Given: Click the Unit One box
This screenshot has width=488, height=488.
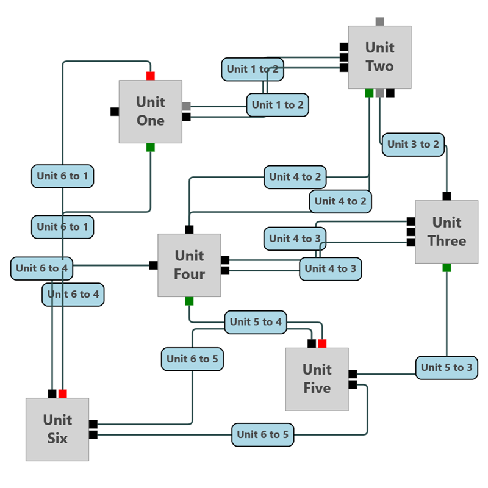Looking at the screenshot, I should point(150,112).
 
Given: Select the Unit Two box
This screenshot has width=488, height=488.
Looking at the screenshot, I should point(379,57).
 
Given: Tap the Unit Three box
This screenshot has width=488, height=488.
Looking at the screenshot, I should point(447,232).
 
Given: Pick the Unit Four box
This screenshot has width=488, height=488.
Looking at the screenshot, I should point(189,265).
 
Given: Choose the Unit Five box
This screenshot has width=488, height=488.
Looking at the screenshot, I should point(317,379).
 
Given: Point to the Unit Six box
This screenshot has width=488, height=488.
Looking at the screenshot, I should point(57,429).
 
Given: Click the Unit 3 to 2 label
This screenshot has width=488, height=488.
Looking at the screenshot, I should point(413,145).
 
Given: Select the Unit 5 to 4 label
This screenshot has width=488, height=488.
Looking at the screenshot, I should point(256,322).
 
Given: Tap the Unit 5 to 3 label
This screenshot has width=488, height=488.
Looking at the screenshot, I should point(447,368).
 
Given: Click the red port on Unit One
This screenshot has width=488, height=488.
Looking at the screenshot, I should point(151,76).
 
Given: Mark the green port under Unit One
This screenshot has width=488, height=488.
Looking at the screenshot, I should point(151,148).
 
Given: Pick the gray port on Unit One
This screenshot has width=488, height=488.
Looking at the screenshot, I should point(187,106).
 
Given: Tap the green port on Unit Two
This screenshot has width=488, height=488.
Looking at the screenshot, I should point(369,93).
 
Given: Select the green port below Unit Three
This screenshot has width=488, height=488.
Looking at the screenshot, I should point(447,268).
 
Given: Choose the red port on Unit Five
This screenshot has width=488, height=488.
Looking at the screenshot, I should point(322,343).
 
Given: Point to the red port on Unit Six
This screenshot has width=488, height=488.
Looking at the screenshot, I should point(62,393).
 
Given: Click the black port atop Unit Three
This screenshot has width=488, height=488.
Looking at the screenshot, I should point(447,196).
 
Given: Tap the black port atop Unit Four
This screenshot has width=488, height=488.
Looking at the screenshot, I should point(189,229).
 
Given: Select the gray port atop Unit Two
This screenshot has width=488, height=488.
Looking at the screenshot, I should point(379,21).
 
